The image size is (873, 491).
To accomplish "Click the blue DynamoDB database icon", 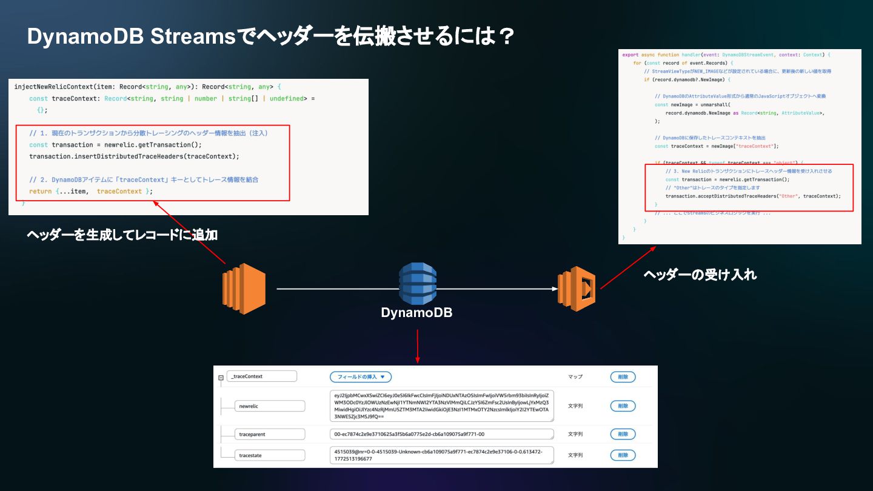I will tap(417, 283).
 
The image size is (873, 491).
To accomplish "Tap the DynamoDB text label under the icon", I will tap(416, 313).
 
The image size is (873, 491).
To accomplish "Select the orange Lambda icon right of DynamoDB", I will tap(576, 289).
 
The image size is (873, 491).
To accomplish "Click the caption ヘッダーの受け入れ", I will tap(700, 275).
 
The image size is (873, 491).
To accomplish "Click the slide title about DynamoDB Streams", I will tap(270, 36).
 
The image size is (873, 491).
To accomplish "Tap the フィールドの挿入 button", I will tap(361, 376).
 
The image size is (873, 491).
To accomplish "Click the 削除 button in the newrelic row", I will tap(623, 406).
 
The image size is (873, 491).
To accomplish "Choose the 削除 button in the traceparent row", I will tap(623, 434).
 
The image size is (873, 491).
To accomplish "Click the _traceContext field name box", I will tap(262, 376).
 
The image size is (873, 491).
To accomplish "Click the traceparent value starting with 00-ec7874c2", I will tap(442, 434).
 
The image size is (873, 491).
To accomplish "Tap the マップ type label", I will tap(575, 376).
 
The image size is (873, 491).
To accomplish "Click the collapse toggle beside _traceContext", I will tap(221, 377).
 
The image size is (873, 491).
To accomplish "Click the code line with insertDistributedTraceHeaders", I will tap(134, 156).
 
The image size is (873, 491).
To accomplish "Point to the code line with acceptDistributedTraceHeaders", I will tap(753, 196).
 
